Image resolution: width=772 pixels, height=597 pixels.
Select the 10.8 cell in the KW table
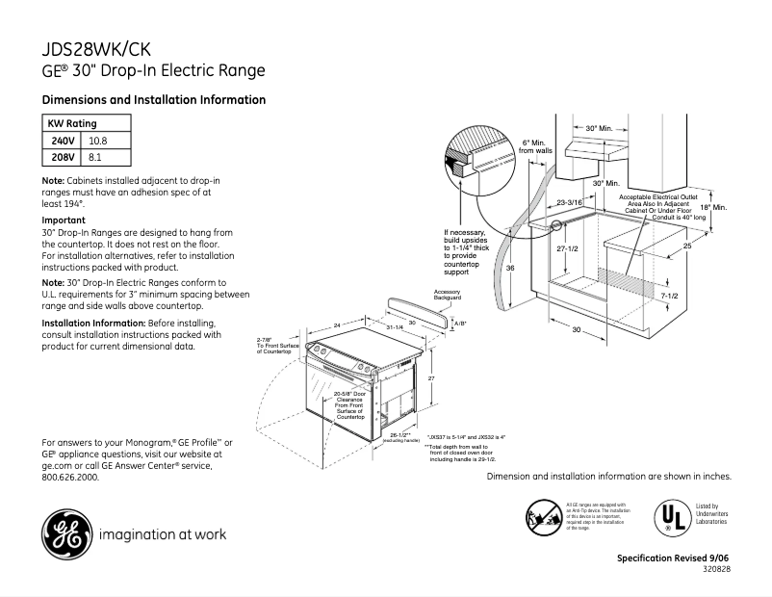[x=98, y=141]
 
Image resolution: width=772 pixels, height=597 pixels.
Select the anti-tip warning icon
[x=542, y=516]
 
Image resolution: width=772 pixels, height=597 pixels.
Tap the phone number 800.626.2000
[x=71, y=477]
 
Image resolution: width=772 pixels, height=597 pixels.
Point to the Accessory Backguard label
[x=448, y=295]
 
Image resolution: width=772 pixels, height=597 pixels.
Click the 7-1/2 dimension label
[x=671, y=297]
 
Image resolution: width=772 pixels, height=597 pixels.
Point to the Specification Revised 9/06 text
[x=673, y=559]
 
